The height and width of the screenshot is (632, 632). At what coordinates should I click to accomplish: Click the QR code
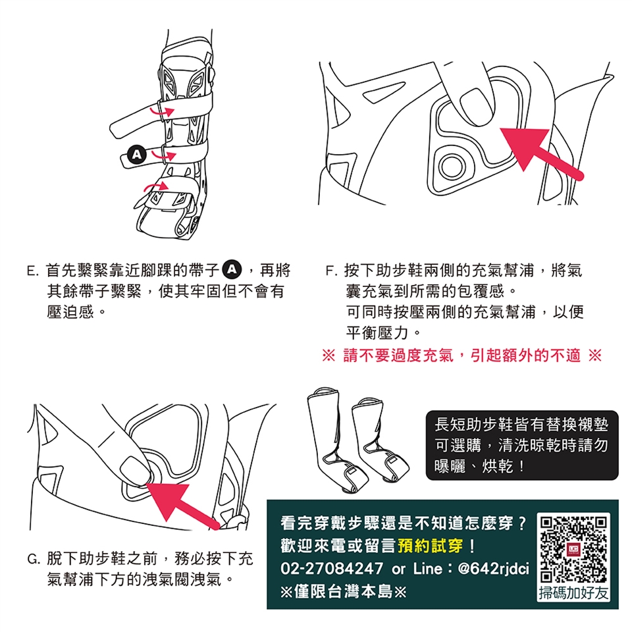573,549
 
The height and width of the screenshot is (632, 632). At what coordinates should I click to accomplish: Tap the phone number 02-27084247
332,569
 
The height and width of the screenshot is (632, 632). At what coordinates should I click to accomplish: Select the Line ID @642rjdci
494,569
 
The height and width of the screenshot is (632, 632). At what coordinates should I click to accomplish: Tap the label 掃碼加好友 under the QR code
573,593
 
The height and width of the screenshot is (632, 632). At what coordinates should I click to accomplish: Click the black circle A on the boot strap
137,155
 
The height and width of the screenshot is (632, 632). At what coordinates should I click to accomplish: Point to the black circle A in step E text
232,270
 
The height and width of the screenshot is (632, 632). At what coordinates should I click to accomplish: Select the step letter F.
330,271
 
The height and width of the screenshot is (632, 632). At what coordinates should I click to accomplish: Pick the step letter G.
33,560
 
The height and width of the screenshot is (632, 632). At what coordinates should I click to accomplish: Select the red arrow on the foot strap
156,186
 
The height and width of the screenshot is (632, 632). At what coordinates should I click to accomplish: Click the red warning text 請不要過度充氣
399,355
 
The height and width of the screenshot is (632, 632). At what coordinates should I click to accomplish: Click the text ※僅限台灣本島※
344,592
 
